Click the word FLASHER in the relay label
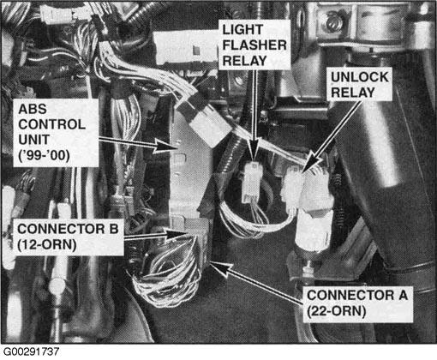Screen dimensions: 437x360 point(254,45)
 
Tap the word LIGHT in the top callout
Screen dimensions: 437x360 point(242,30)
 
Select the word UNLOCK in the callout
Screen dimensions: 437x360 point(360,77)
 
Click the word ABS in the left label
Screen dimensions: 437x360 point(33,109)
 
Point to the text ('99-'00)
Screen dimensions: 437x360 point(44,156)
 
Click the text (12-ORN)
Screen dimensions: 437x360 point(47,245)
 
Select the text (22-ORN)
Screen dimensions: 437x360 point(337,311)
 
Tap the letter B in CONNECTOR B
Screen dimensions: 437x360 point(114,229)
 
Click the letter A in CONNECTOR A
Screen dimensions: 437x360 point(403,295)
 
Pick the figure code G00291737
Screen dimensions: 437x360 point(31,351)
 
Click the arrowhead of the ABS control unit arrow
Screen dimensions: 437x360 point(168,146)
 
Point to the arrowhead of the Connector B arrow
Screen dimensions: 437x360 point(177,234)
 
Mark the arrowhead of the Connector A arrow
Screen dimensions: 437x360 point(220,267)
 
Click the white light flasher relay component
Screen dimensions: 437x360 point(252,182)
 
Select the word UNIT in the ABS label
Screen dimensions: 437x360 point(33,140)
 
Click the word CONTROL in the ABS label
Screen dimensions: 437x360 point(51,124)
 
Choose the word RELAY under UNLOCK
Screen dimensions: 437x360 point(353,93)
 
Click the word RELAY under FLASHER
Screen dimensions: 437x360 point(244,61)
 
